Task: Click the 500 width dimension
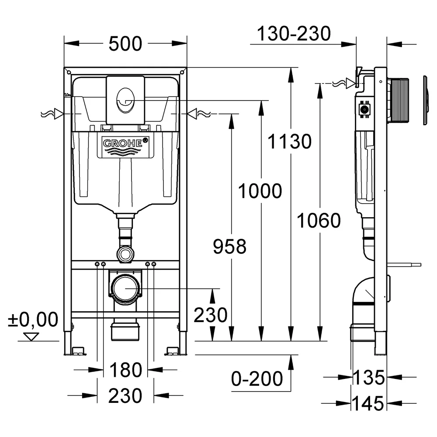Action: point(125,44)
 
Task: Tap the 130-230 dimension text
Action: point(294,34)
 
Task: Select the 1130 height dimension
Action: point(290,141)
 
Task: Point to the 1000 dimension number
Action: point(260,191)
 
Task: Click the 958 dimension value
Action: point(230,246)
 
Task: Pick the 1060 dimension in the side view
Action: point(319,220)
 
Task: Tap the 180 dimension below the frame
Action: point(126,370)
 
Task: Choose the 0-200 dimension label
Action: point(257,379)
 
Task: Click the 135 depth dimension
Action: point(368,378)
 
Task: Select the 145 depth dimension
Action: point(368,403)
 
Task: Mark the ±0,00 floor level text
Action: point(33,319)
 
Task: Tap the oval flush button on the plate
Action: point(125,101)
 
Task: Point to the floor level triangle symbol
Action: point(31,336)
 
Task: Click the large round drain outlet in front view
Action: point(125,288)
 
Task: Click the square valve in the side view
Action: point(364,109)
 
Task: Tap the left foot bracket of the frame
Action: point(78,351)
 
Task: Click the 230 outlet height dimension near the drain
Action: point(211,315)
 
